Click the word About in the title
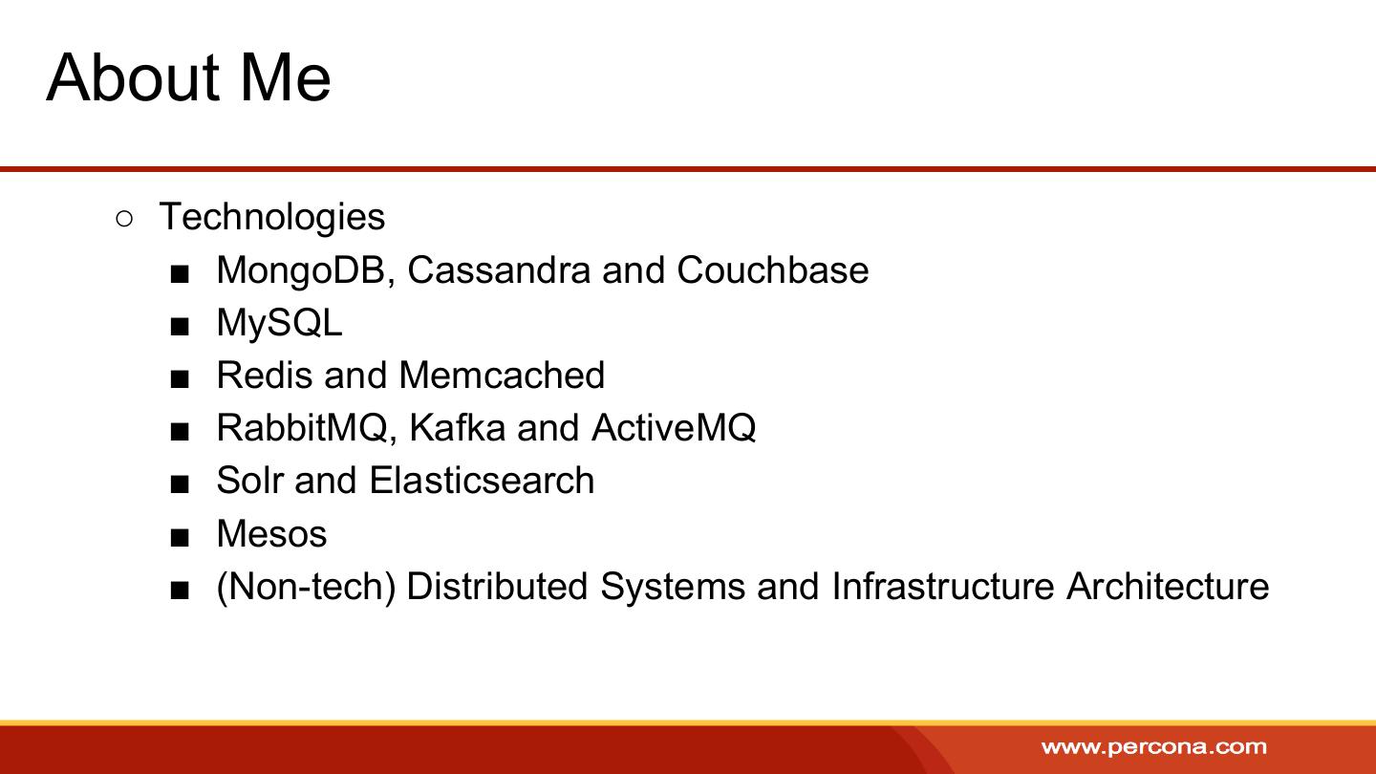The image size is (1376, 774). point(133,78)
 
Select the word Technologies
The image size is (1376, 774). point(272,218)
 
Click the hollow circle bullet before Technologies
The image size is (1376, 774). point(123,220)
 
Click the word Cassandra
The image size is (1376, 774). point(499,269)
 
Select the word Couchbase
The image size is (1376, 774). point(773,269)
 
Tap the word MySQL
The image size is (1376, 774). point(279,324)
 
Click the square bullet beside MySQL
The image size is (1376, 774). point(180,327)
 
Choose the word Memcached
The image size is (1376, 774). point(502,376)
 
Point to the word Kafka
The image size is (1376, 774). point(457,427)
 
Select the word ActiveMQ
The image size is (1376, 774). point(674,428)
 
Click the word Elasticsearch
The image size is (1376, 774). point(483,481)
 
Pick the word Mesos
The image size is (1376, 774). point(272,534)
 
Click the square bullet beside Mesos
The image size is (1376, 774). point(180,538)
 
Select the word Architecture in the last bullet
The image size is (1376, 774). point(1168,586)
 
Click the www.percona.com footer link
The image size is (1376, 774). point(1154,747)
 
